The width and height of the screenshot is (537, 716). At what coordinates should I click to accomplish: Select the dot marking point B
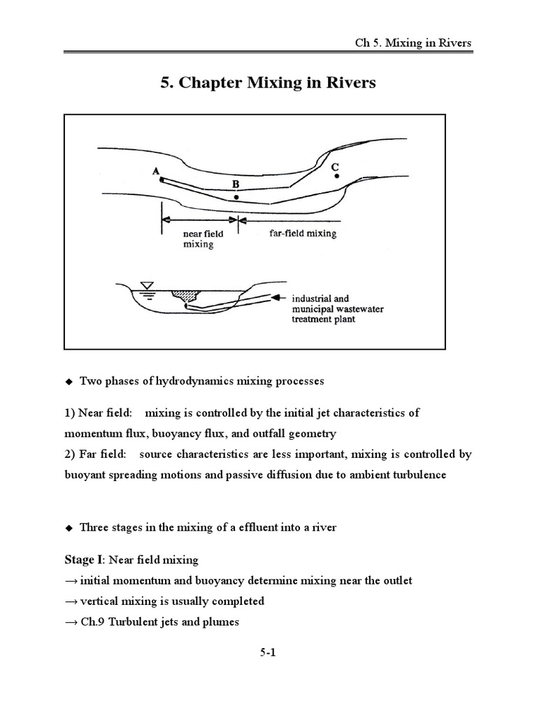[x=236, y=198]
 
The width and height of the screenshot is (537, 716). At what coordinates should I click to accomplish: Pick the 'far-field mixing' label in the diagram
[x=303, y=234]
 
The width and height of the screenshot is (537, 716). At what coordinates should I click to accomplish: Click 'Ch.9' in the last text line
[x=94, y=622]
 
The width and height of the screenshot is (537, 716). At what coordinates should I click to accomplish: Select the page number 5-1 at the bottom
[x=268, y=654]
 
